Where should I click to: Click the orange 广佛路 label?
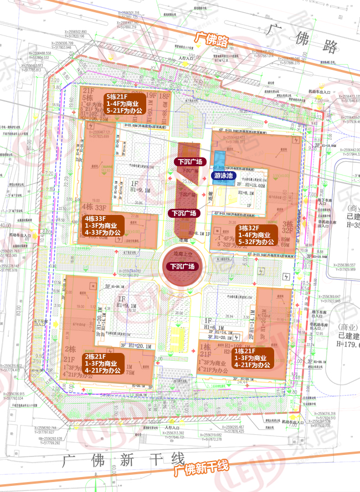(x=211, y=39)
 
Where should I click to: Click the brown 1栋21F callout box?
(x=252, y=358)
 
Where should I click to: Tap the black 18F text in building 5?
(x=164, y=95)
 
